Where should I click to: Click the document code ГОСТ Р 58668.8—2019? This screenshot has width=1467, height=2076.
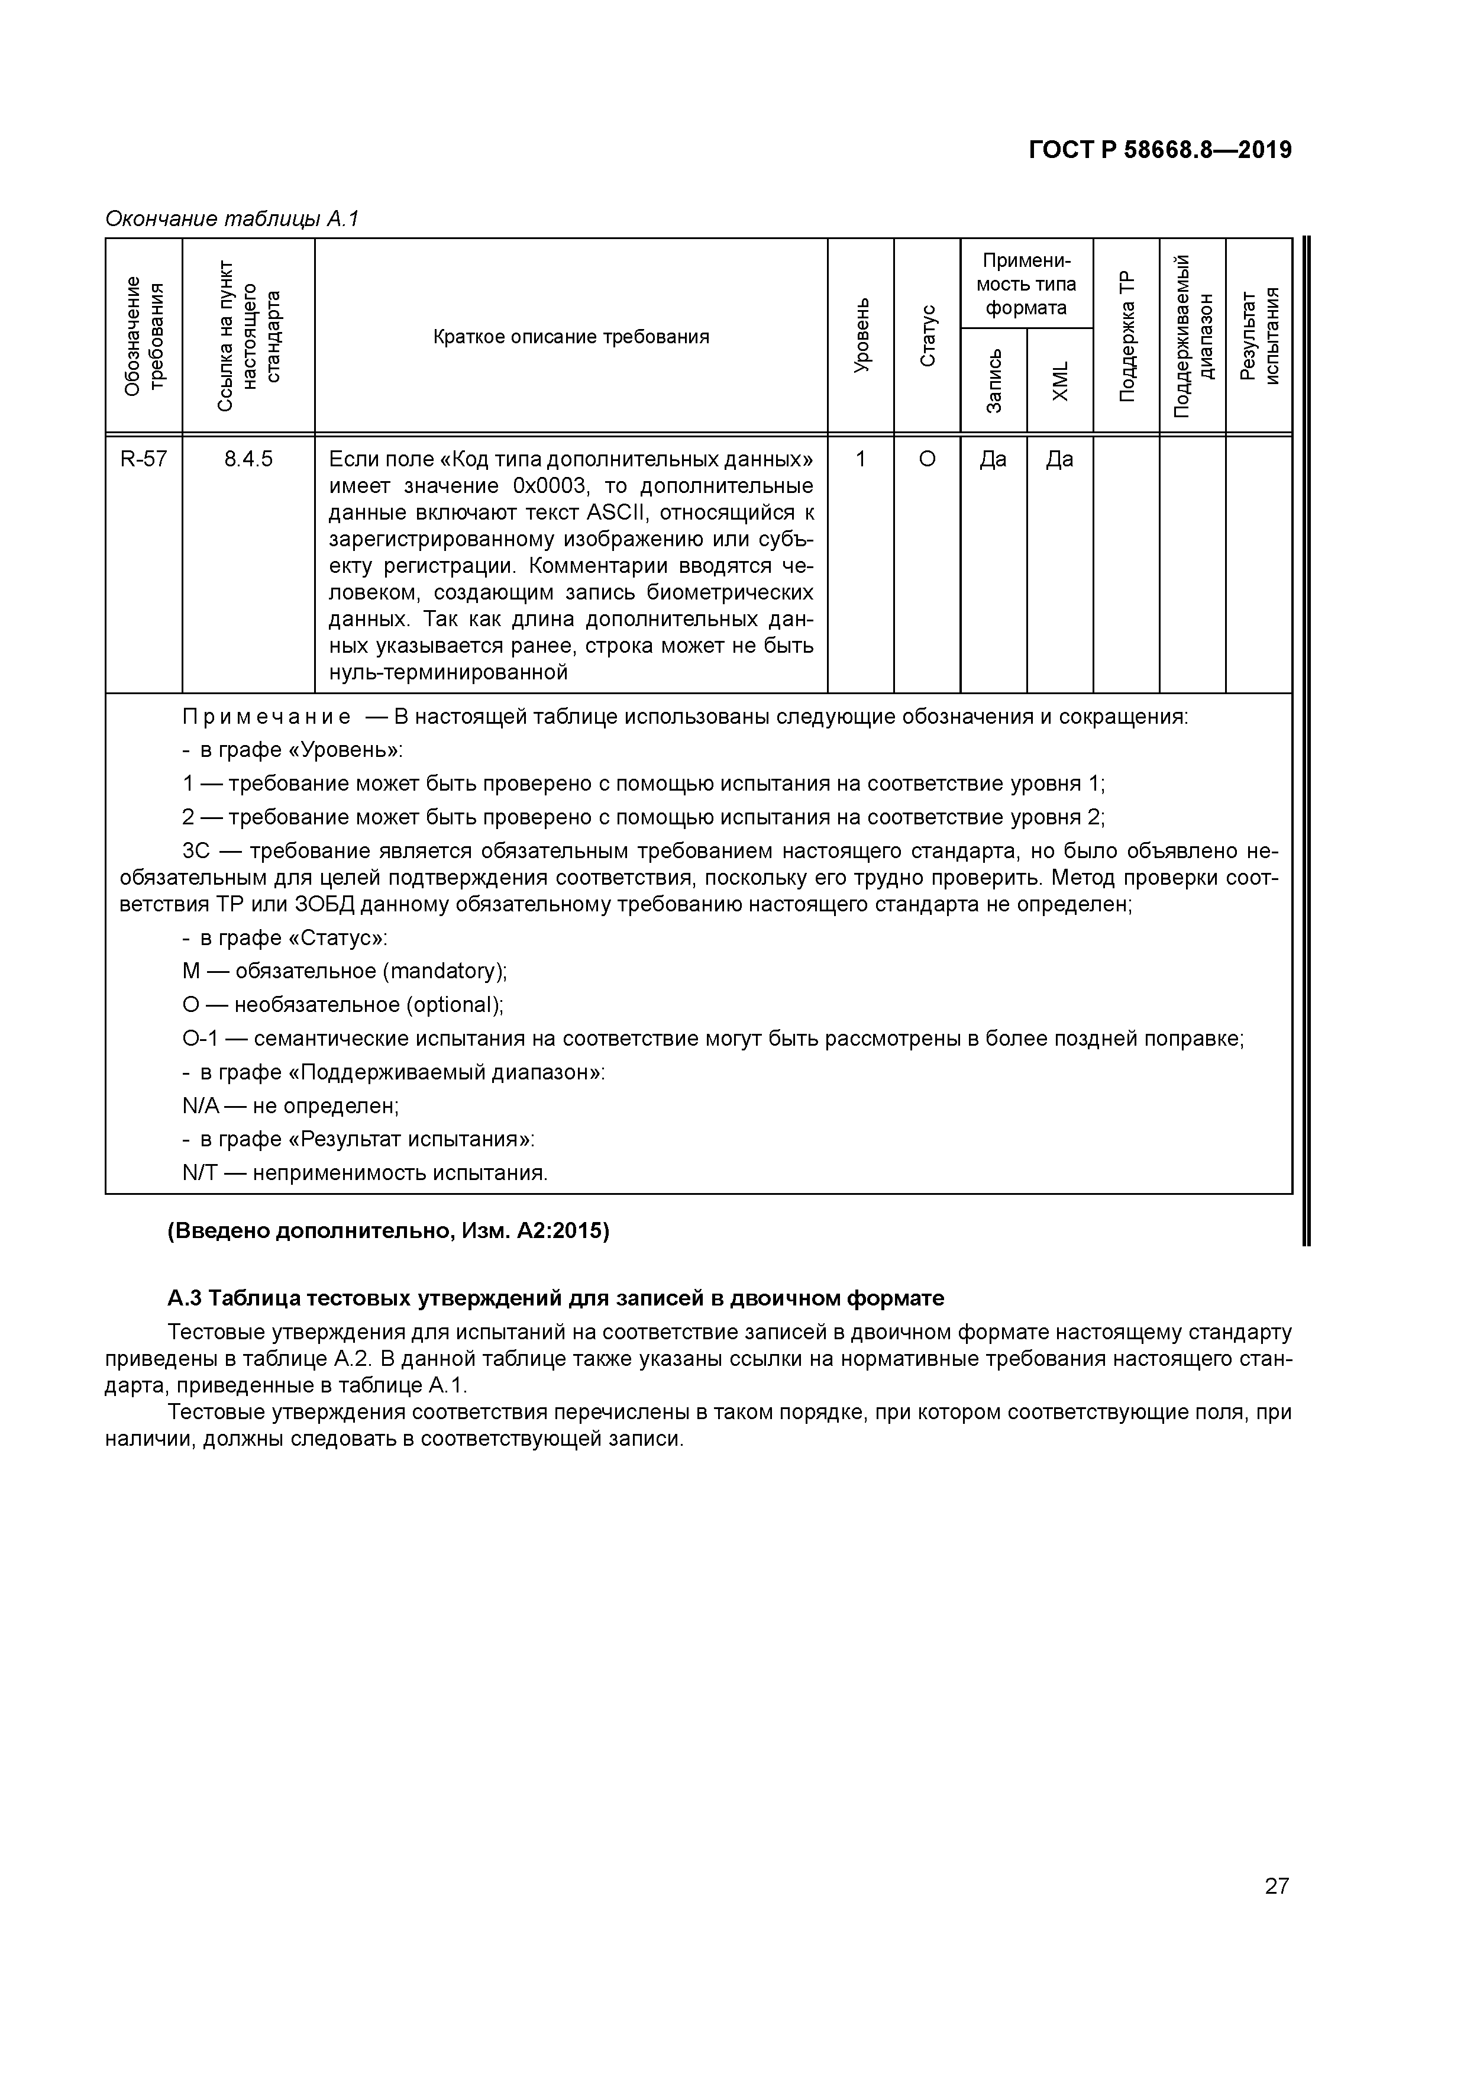1161,150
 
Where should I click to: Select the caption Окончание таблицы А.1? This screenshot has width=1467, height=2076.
232,219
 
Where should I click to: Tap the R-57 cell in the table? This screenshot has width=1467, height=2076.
144,459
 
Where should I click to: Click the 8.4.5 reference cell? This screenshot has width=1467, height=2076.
248,459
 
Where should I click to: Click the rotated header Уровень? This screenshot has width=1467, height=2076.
861,334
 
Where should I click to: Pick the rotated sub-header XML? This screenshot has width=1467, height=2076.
1060,381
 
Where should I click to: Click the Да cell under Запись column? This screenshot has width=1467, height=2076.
993,459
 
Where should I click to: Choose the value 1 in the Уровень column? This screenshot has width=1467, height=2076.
861,459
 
